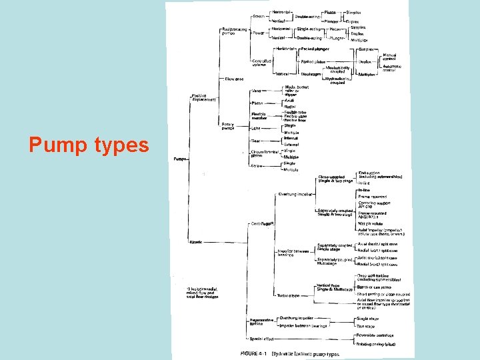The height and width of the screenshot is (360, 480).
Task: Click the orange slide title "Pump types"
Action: [89, 145]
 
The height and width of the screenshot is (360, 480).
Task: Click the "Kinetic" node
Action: [197, 241]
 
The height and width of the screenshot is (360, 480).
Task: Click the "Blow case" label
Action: [214, 79]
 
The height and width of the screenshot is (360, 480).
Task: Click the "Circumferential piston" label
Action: [265, 153]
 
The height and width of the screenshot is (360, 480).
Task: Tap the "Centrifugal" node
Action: [263, 223]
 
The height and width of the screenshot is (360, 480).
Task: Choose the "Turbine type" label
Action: [289, 295]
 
